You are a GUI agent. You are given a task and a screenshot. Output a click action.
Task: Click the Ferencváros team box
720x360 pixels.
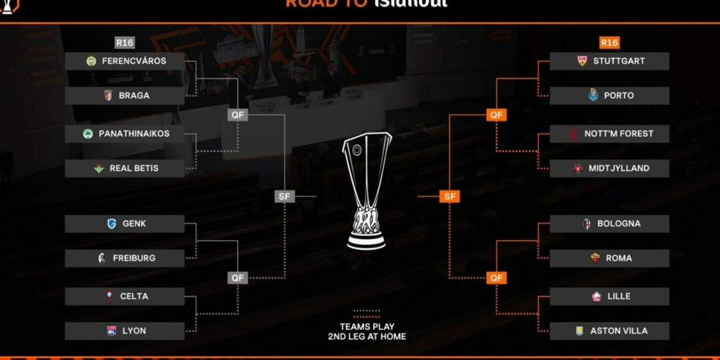(x=125, y=61)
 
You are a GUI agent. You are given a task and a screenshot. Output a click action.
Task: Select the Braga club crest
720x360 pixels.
(x=108, y=95)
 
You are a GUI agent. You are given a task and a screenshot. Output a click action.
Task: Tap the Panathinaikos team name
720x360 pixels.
(x=134, y=134)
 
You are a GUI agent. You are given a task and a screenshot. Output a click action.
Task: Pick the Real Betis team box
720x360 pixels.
(x=125, y=169)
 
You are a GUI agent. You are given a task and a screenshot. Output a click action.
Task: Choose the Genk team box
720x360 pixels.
(x=125, y=224)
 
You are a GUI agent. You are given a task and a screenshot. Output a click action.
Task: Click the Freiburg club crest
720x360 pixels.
(x=102, y=259)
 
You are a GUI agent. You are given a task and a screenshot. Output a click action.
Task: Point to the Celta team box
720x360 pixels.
(x=125, y=296)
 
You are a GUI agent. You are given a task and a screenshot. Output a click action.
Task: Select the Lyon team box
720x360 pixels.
(x=125, y=331)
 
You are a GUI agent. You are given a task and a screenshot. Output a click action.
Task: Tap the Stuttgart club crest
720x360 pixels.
(x=582, y=61)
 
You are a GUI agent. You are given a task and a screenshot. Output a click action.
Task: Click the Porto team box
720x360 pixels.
(x=609, y=95)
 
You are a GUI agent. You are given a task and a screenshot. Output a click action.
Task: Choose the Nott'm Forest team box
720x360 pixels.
(x=609, y=134)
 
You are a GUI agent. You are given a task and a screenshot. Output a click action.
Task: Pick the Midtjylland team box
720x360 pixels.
(x=609, y=169)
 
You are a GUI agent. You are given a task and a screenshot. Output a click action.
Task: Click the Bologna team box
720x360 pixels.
(x=609, y=224)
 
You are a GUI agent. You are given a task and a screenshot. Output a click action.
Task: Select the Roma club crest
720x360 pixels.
(x=595, y=259)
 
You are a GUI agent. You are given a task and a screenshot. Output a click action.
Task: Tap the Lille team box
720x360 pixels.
(x=609, y=296)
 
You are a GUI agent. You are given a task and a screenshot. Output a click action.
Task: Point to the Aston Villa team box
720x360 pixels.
(x=609, y=331)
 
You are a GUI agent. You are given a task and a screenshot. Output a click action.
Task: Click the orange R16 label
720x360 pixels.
(x=609, y=43)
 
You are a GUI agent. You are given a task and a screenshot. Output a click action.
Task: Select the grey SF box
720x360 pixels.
(x=284, y=196)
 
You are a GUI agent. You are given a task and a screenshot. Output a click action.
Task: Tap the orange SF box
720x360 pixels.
(x=449, y=196)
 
